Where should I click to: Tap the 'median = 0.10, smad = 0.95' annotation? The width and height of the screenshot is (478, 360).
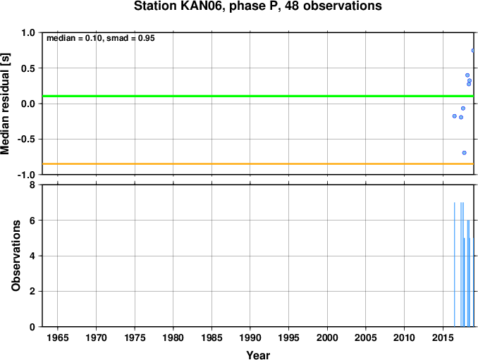pos(101,38)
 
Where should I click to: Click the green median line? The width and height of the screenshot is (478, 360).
pos(258,97)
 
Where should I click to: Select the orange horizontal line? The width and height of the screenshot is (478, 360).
pos(258,164)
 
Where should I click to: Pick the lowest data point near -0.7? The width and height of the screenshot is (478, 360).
pos(465,153)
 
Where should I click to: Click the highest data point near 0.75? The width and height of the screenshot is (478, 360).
pos(473,51)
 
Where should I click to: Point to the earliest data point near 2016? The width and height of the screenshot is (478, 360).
pos(455,116)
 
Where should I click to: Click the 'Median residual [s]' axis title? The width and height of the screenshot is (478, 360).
pos(5,104)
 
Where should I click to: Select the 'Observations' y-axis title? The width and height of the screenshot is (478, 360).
pos(16,256)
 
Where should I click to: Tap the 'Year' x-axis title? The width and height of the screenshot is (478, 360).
pos(258,355)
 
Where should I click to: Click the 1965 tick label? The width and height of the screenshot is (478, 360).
pos(58,337)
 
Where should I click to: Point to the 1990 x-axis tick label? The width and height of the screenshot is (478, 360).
pos(250,337)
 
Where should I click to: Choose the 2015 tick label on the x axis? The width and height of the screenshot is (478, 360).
pos(443,337)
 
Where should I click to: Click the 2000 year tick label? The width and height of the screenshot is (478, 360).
pos(327,337)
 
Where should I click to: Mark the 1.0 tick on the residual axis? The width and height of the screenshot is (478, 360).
pos(28,32)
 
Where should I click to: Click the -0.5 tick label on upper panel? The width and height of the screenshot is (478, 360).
pos(26,139)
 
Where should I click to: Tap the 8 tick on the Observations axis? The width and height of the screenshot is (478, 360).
pos(32,185)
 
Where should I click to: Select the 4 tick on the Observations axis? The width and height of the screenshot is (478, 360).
pos(32,256)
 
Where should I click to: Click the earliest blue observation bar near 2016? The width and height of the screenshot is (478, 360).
pos(455,264)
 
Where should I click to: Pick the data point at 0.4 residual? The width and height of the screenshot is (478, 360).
pos(467,75)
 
